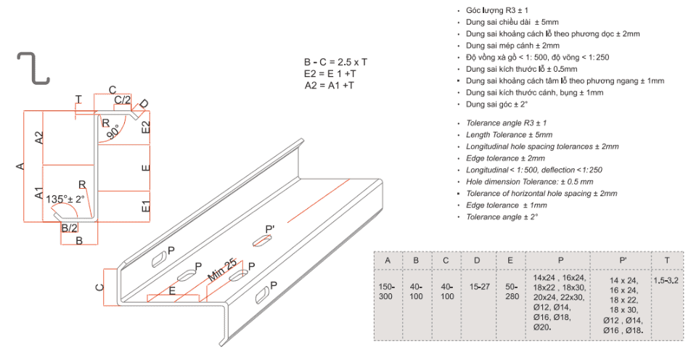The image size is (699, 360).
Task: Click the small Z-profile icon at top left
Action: (x=34, y=67)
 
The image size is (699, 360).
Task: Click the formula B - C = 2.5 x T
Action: (x=335, y=62)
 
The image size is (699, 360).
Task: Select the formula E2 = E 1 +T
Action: (x=330, y=74)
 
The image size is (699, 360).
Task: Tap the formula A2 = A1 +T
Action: (x=330, y=86)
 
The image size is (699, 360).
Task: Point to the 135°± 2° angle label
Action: (x=65, y=199)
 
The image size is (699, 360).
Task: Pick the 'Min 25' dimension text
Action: (x=222, y=270)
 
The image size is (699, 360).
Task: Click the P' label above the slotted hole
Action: (x=270, y=229)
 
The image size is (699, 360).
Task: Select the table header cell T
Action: (x=667, y=261)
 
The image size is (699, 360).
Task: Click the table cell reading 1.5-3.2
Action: (x=666, y=281)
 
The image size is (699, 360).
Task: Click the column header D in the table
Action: (x=477, y=261)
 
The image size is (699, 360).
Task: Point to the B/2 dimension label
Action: (x=69, y=229)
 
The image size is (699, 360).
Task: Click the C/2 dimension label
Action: (x=122, y=100)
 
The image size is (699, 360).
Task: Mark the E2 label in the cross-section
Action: (x=146, y=127)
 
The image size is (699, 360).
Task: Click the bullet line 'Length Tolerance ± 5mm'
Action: (x=509, y=134)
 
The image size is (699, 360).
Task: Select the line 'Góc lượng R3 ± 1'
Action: (x=497, y=10)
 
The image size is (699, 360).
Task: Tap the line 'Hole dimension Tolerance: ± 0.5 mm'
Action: (x=530, y=181)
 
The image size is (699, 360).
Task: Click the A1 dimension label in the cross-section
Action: (x=38, y=193)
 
